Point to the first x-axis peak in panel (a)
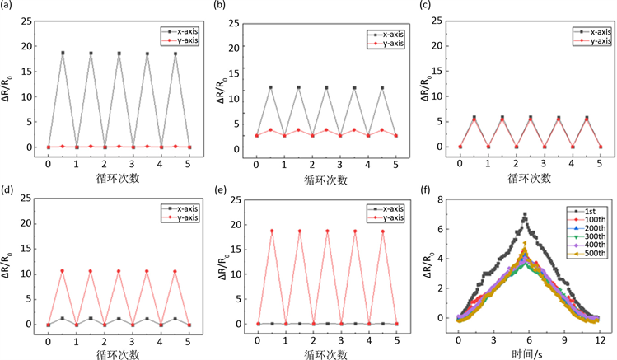pos(63,53)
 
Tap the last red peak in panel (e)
pos(382,231)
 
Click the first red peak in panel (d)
pos(63,270)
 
